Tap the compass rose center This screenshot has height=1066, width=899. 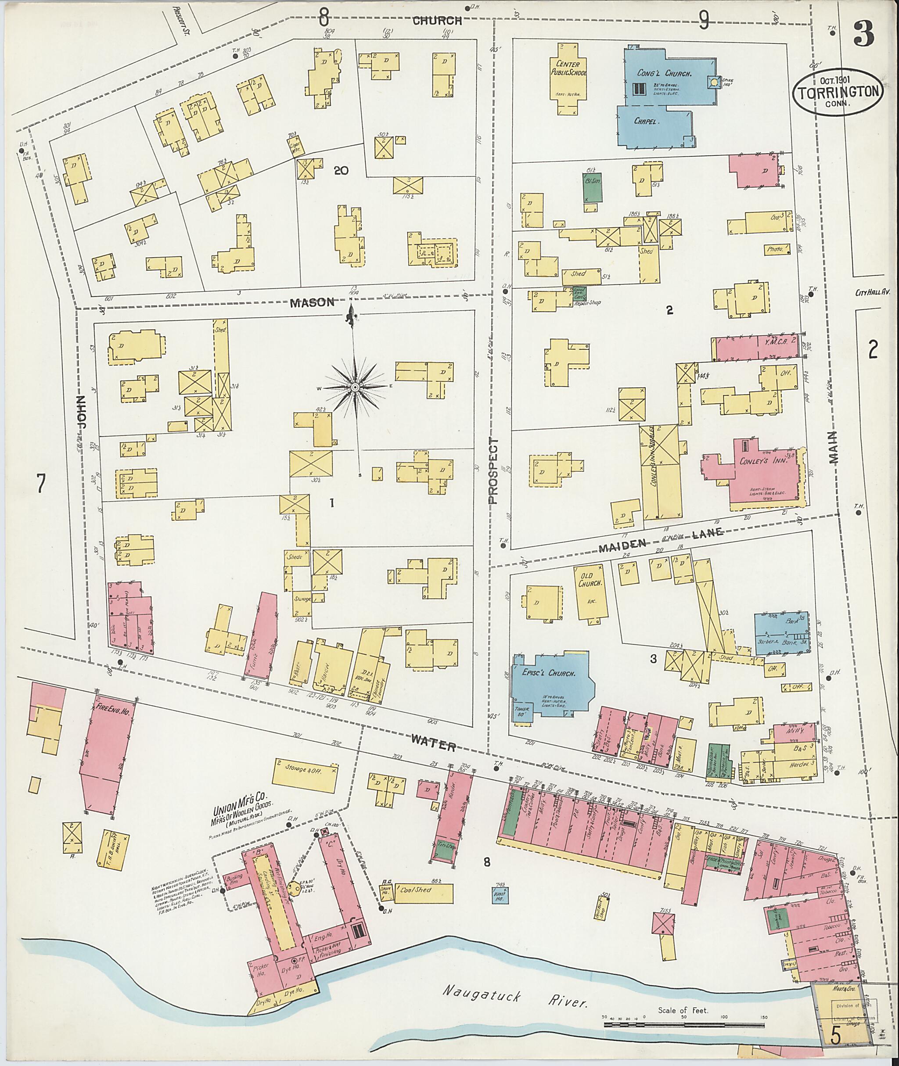355,388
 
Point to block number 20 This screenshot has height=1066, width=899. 341,170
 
